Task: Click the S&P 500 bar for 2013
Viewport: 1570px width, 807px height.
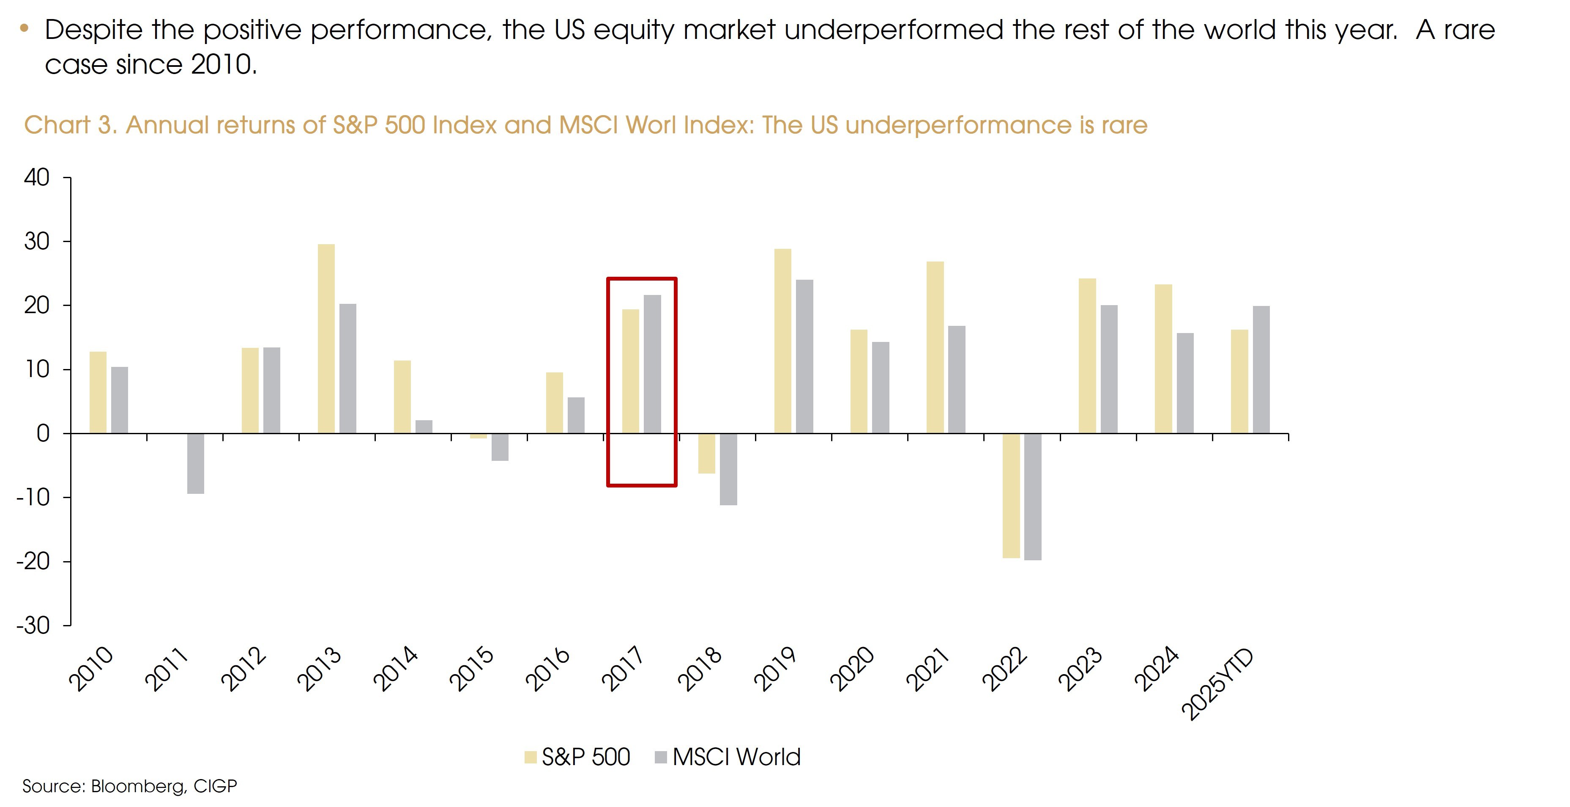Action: click(x=326, y=339)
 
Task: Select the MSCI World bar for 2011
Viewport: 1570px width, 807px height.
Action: click(x=196, y=463)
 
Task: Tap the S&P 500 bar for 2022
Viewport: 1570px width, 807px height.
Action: click(x=1011, y=495)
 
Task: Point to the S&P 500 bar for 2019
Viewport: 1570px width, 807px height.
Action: click(x=782, y=341)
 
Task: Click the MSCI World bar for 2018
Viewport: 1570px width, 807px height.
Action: click(x=728, y=469)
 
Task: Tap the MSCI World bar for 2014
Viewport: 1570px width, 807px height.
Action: click(x=424, y=427)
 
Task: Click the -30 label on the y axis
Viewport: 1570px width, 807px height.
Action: click(x=33, y=625)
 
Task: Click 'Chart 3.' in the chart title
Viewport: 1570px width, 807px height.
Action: click(x=70, y=125)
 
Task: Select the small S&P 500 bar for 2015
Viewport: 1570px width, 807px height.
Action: click(x=479, y=435)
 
